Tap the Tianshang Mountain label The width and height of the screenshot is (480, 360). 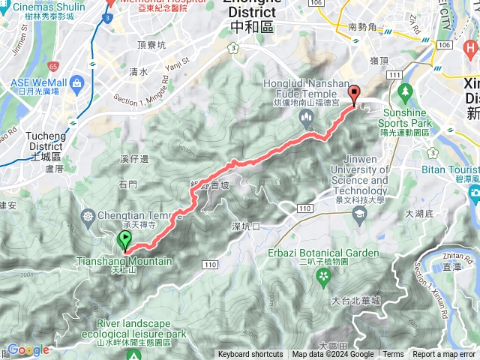tap(124, 262)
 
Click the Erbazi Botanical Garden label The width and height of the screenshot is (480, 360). tap(324, 253)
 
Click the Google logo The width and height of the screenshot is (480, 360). tap(28, 349)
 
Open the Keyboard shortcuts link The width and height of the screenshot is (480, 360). tap(250, 355)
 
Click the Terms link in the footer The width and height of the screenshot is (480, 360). tap(393, 355)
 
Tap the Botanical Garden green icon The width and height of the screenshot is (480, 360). tap(324, 277)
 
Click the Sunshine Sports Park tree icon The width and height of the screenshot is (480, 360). tap(406, 94)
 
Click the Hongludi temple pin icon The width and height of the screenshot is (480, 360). tap(306, 117)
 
